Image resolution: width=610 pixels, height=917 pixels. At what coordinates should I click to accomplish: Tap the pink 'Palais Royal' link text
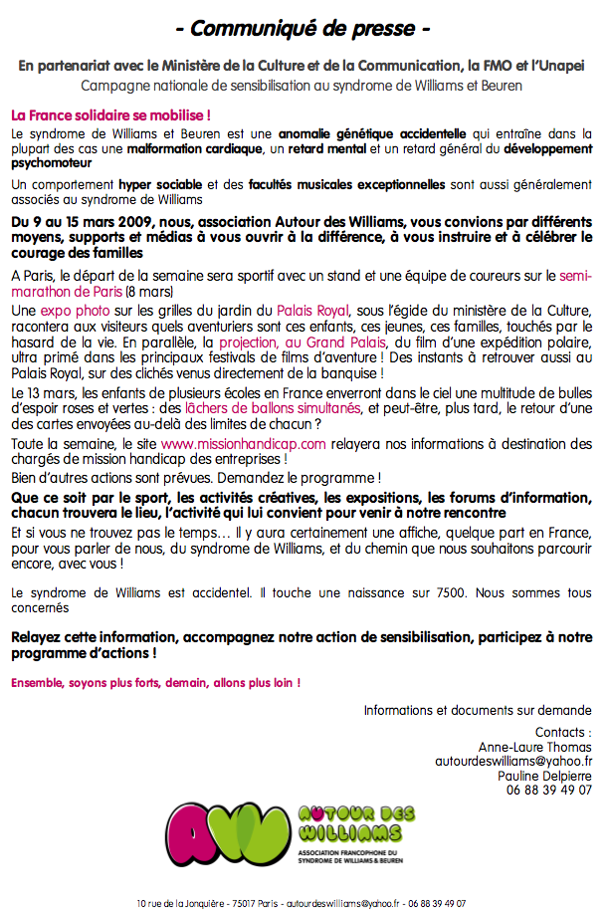tap(312, 312)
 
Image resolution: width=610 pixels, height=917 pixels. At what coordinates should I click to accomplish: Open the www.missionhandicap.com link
tap(243, 443)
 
